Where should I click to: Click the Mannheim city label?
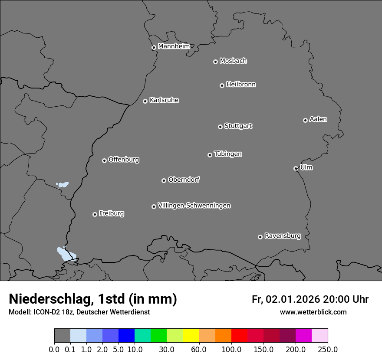[174, 46]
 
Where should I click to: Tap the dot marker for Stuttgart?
[220, 127]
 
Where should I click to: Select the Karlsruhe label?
[164, 100]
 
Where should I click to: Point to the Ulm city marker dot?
[296, 168]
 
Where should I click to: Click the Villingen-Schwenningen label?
[194, 206]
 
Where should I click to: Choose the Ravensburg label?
[282, 236]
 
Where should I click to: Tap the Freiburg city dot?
[95, 214]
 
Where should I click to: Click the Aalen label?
[318, 119]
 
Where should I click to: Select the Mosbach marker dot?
[215, 62]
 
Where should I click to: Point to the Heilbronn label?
[241, 85]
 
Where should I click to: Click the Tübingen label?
[228, 154]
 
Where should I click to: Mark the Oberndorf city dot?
[164, 180]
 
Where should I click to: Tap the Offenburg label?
[124, 160]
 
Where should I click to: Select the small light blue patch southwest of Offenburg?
[63, 184]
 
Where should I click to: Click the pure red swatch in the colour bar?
[239, 336]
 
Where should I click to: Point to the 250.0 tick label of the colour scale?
[328, 349]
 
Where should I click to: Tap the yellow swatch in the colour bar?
[191, 336]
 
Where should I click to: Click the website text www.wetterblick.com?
[313, 312]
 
